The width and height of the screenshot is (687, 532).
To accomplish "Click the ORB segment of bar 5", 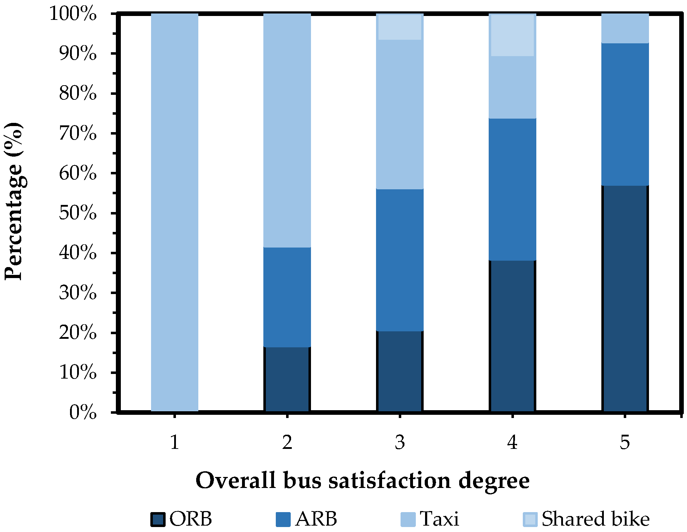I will point(625,298).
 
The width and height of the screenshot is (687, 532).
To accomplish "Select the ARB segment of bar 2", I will point(287,297).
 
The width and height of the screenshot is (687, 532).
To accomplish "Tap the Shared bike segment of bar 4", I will point(512,35).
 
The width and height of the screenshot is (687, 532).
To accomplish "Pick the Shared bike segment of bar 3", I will point(400,27).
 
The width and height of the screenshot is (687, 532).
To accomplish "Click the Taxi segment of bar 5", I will point(625,28).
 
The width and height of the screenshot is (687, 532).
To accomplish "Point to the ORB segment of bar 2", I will point(287,379).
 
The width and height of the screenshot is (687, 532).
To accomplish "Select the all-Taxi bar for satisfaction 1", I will point(175,212).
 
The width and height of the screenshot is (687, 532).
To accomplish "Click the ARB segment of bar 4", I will point(512,189).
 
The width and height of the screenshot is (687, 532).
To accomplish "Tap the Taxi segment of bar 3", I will point(400,114).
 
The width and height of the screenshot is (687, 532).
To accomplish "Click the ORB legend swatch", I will point(158,519).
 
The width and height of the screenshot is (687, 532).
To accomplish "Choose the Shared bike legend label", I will point(595,519).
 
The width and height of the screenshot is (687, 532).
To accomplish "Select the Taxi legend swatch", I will point(408,519).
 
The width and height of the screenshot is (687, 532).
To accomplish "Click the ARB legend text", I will point(316,519).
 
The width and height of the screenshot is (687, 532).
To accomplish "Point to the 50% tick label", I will point(78,213).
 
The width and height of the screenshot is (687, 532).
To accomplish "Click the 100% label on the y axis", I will point(73,14).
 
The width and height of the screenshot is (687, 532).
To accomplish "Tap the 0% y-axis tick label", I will point(83,413).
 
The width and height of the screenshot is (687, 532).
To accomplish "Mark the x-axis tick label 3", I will point(400,443).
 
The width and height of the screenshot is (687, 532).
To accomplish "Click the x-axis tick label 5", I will point(625,443).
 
